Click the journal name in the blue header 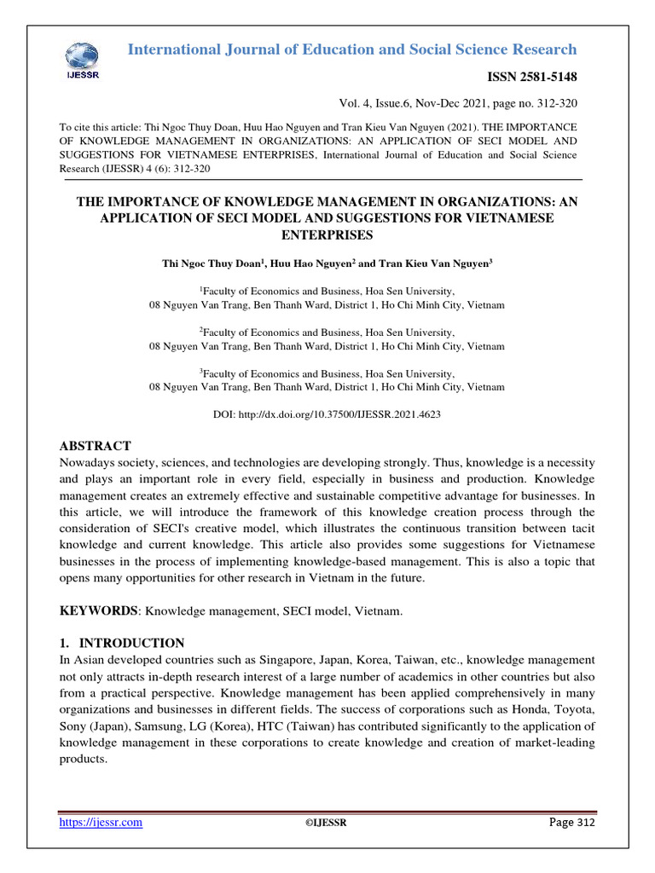coord(351,49)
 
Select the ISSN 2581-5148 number coord(531,78)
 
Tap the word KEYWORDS coord(98,611)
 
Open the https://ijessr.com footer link coord(100,822)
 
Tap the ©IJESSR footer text coord(326,823)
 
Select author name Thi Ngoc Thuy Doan coord(214,264)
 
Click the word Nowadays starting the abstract coord(88,463)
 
